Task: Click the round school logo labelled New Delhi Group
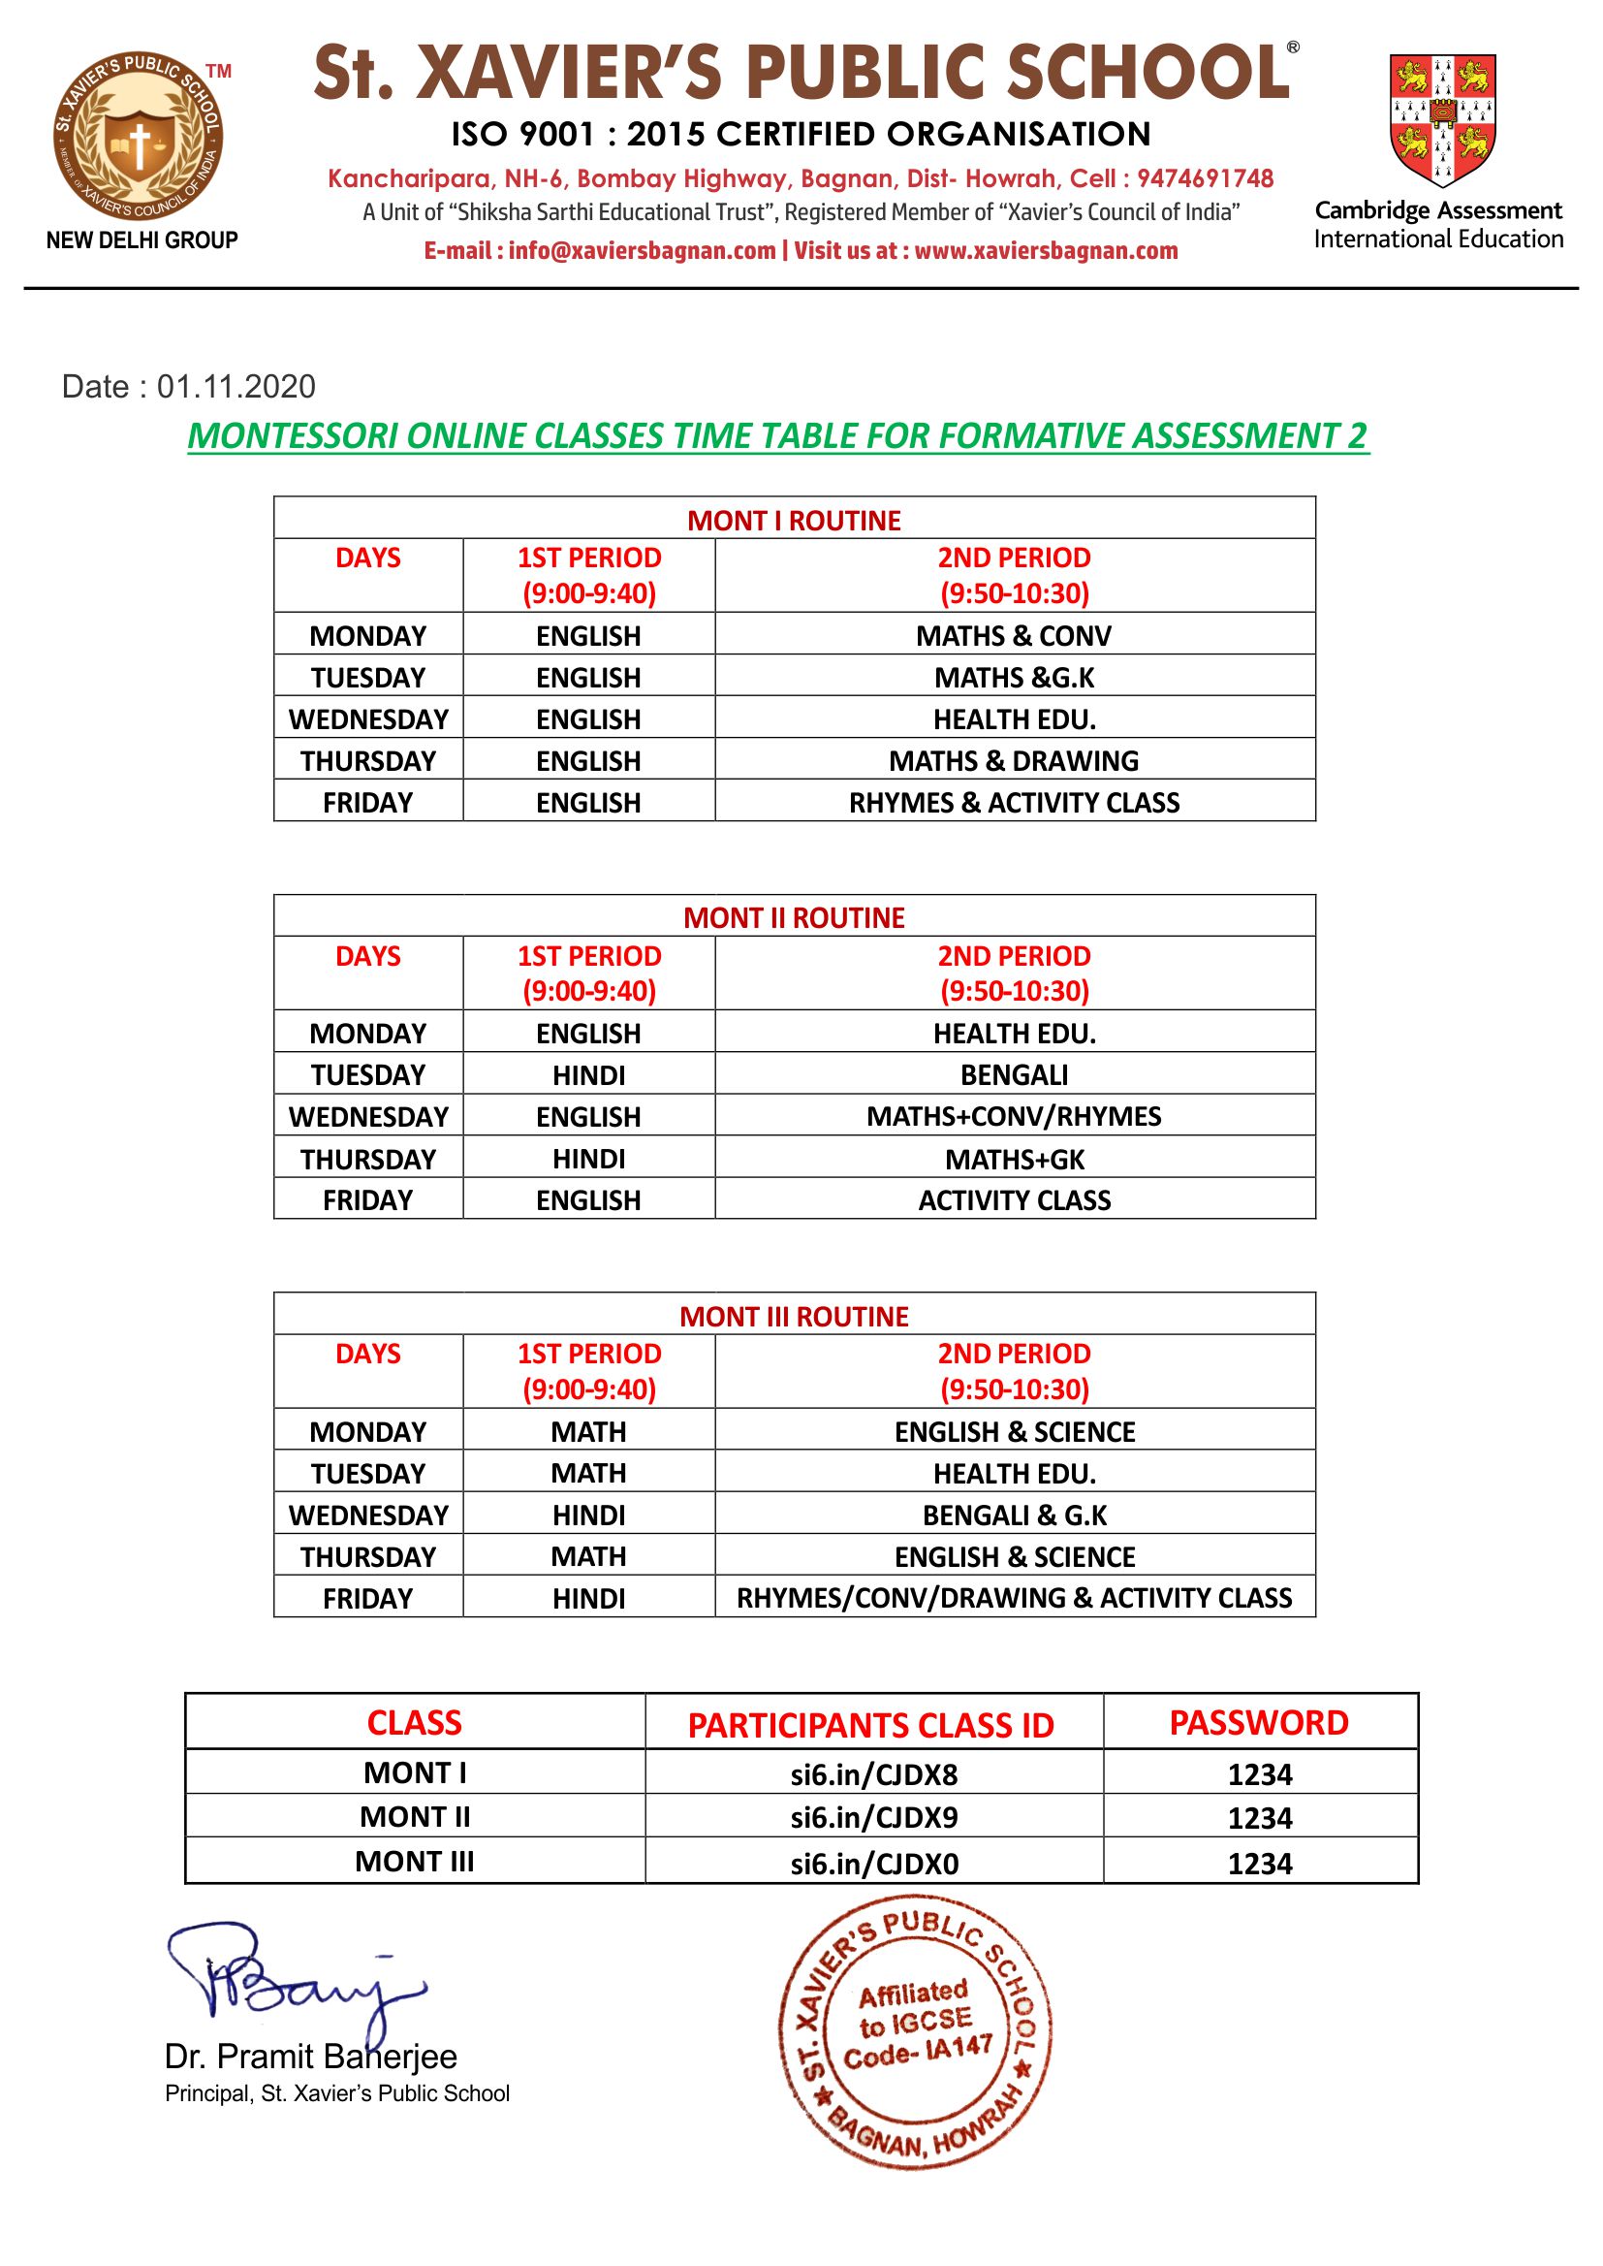coord(139,140)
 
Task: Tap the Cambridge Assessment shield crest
coord(1442,118)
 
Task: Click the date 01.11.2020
coord(236,386)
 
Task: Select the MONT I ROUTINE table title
coord(794,521)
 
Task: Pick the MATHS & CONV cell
coord(1014,636)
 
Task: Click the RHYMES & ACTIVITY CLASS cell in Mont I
coord(1014,803)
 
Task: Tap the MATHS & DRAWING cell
coord(1014,761)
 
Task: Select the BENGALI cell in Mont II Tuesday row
coord(1014,1075)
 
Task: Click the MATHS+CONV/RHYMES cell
coord(1014,1117)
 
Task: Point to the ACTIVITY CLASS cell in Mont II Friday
coord(1014,1200)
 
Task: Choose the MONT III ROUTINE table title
coord(794,1316)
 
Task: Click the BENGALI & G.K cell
coord(1014,1516)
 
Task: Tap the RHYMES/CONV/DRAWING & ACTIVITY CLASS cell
coord(1014,1599)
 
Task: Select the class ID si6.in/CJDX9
coord(873,1818)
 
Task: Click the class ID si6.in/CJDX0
coord(873,1865)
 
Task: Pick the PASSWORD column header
coord(1259,1723)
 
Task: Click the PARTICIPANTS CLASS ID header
coord(870,1726)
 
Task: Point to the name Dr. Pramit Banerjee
coord(311,2057)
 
